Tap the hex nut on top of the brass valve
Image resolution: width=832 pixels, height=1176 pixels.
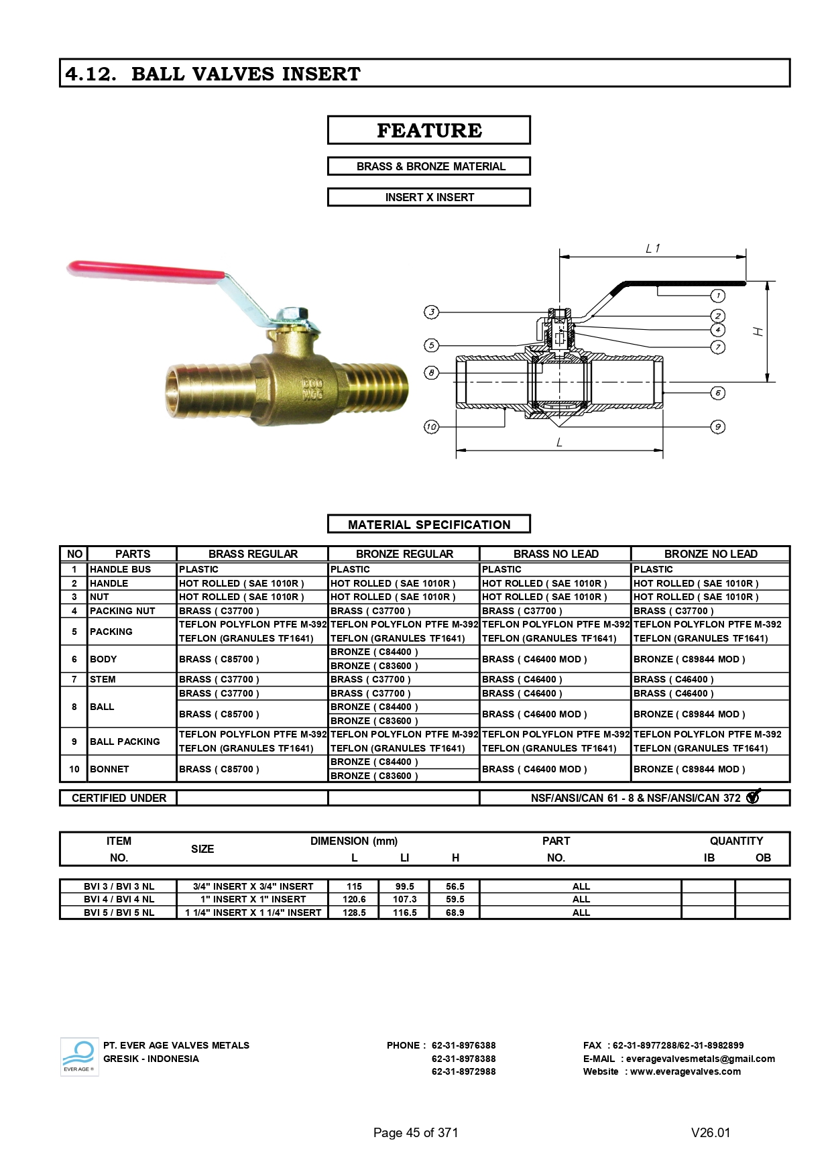(293, 314)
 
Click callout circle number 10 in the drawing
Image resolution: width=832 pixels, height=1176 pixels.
(431, 426)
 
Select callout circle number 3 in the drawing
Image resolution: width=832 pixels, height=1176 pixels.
(432, 312)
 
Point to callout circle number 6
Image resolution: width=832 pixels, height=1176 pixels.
(717, 393)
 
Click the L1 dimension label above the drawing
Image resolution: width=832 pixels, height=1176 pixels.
(652, 249)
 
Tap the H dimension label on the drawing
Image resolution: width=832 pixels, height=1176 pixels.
(759, 331)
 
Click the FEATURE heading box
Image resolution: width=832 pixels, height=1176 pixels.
(428, 130)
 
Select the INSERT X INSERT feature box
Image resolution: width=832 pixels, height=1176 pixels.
(428, 197)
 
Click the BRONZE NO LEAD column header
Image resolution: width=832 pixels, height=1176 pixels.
(710, 554)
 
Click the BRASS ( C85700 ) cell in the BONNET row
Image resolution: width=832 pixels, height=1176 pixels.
(219, 769)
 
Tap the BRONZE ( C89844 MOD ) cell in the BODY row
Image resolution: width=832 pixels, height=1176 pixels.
(689, 659)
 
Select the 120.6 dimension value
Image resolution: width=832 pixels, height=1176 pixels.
(354, 899)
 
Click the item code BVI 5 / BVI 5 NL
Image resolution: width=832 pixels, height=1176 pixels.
(119, 913)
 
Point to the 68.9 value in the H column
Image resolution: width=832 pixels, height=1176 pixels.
(455, 913)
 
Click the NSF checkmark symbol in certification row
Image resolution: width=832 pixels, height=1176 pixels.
(753, 797)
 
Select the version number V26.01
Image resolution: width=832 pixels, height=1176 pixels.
(711, 1132)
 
